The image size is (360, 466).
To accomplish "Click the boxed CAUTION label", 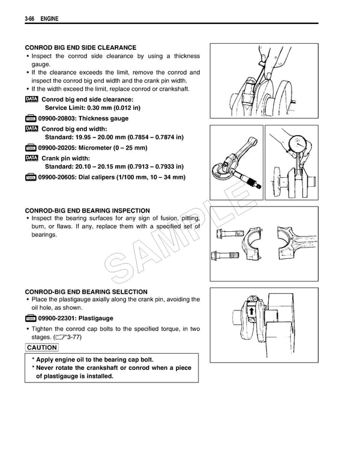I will point(42,348).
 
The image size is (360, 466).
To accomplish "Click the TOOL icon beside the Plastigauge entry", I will point(31,319).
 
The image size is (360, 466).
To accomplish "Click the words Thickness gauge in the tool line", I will point(107,119).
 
